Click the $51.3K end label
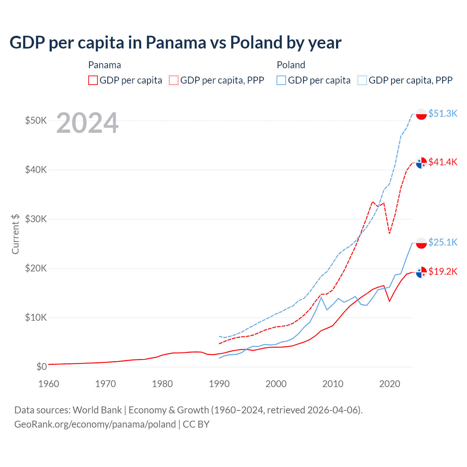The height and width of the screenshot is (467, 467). click(443, 113)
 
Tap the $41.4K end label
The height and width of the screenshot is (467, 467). click(443, 162)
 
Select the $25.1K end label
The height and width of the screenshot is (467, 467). click(443, 242)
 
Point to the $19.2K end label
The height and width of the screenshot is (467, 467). click(443, 271)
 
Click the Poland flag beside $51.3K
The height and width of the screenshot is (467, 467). click(421, 114)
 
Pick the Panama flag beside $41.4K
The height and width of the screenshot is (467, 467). click(421, 163)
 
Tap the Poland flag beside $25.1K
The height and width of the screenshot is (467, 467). click(421, 243)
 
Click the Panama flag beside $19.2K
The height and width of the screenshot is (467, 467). click(421, 272)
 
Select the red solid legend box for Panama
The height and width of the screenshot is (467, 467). click(93, 80)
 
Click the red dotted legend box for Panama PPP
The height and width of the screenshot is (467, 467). click(174, 80)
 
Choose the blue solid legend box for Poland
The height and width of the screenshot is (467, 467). click(281, 80)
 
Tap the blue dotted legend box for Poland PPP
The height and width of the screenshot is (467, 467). click(362, 80)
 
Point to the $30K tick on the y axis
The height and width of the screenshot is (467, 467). click(36, 219)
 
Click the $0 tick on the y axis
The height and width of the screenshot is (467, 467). click(42, 367)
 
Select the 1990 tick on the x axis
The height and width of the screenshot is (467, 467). click(219, 384)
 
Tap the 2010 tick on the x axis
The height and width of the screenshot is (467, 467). click(333, 384)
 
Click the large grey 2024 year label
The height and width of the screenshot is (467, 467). click(88, 123)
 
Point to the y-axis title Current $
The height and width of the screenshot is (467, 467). click(15, 234)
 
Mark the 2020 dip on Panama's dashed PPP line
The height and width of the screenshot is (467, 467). click(390, 233)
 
